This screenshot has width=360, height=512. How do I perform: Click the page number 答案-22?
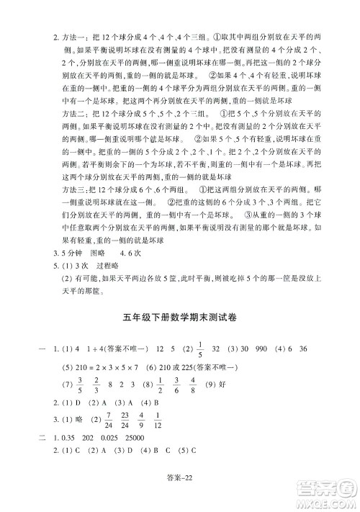click(180, 492)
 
